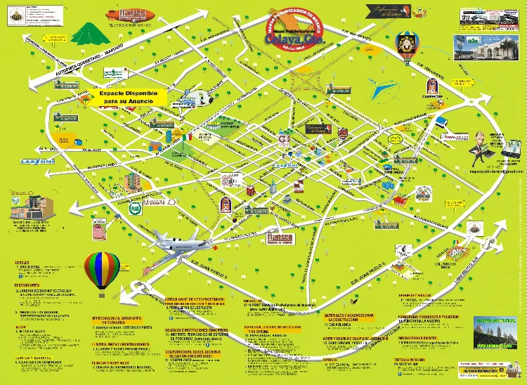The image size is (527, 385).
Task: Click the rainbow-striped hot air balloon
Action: click(x=99, y=269)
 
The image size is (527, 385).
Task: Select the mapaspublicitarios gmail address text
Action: click(x=498, y=171)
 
